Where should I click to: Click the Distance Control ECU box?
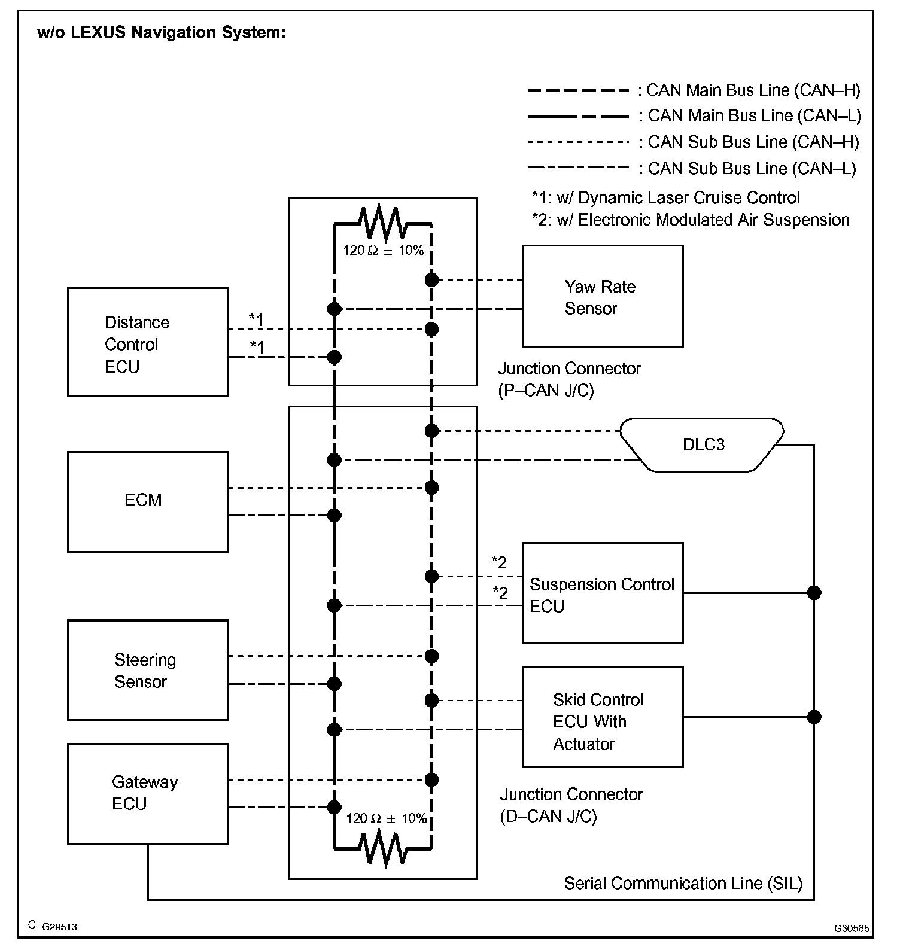coord(148,342)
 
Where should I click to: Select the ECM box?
coord(148,501)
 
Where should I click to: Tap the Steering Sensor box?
coord(148,670)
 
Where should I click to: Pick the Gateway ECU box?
coord(148,793)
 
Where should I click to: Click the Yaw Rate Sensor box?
coord(602,297)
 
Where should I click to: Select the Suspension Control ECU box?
coord(602,593)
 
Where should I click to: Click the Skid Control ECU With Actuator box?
coord(602,717)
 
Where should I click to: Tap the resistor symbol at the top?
coord(382,223)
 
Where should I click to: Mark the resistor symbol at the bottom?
coord(382,848)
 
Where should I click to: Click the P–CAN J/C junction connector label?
coord(569,379)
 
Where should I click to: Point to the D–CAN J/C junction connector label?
coord(571,805)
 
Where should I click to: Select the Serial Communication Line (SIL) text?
coord(683,884)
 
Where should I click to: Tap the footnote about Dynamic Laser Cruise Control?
coord(665,198)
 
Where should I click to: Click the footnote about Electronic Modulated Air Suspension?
coord(690,220)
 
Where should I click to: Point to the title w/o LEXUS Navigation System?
coord(162,32)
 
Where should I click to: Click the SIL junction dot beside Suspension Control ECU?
coord(814,593)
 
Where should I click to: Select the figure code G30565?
coord(852,928)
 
